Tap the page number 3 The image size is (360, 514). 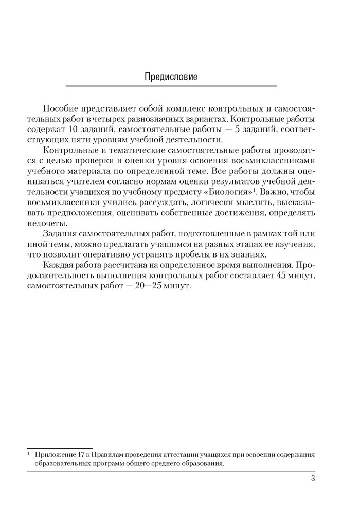click(x=313, y=479)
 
